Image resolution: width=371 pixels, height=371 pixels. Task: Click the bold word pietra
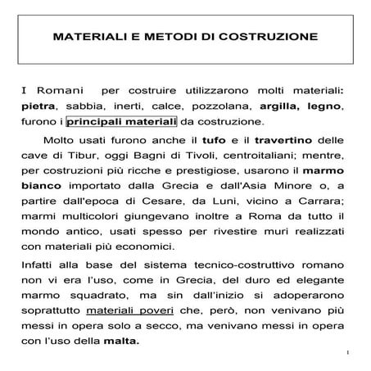(x=38, y=106)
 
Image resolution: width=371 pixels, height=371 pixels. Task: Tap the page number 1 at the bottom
(x=348, y=354)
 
